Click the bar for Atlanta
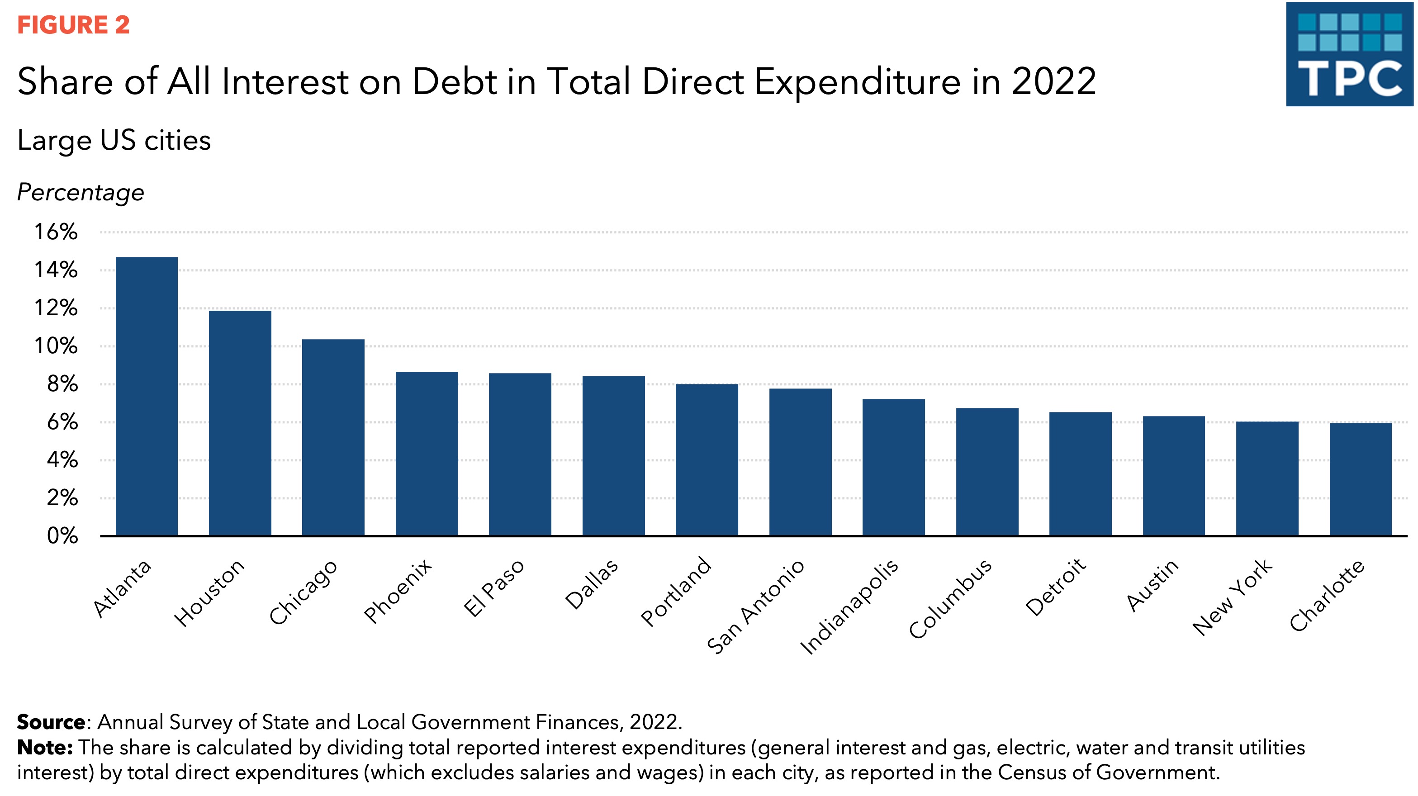coord(147,396)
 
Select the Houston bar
coord(240,423)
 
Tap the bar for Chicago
coord(333,438)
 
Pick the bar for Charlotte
coord(1360,479)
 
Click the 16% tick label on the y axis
coord(56,232)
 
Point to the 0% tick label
coord(62,535)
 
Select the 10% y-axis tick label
coord(56,346)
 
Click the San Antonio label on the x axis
coord(756,607)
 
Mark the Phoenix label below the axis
coord(398,591)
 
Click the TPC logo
coord(1349,54)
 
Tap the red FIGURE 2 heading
coord(73,25)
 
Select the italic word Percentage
coord(81,193)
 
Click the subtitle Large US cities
coord(114,140)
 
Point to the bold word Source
coord(51,722)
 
